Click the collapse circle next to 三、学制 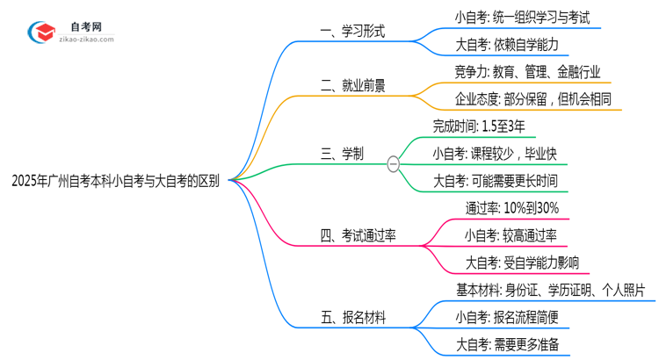pyautogui.click(x=393, y=162)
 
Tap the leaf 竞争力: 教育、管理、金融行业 pyautogui.click(x=516, y=71)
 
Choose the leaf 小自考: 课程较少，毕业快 pyautogui.click(x=494, y=154)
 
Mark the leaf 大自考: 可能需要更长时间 pyautogui.click(x=495, y=181)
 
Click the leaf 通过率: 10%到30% pyautogui.click(x=511, y=208)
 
